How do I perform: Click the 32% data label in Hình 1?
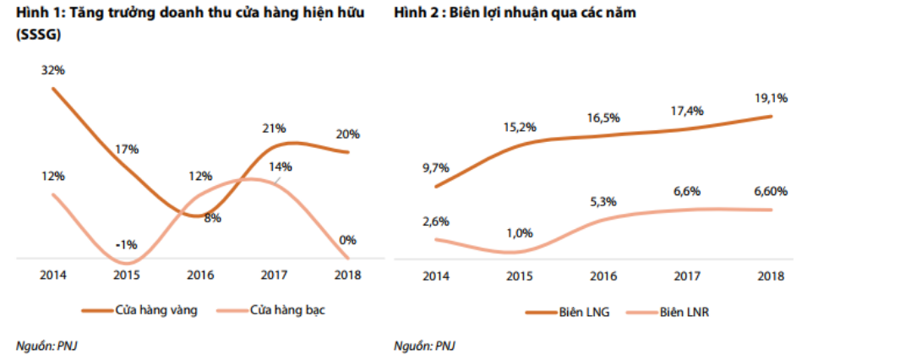[x=52, y=70]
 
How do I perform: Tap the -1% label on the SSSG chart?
[x=128, y=245]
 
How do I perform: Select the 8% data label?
[x=213, y=218]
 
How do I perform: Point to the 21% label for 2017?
[x=275, y=128]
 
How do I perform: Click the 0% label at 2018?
[x=347, y=240]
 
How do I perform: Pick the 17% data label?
[x=128, y=149]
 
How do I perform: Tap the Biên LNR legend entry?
[x=685, y=312]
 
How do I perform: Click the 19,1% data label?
[x=772, y=98]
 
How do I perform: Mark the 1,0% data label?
[x=521, y=232]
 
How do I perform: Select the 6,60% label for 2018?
[x=771, y=191]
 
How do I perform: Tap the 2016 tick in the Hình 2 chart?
[x=604, y=276]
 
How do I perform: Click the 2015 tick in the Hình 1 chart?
[x=128, y=275]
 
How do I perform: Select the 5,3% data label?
[x=604, y=201]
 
